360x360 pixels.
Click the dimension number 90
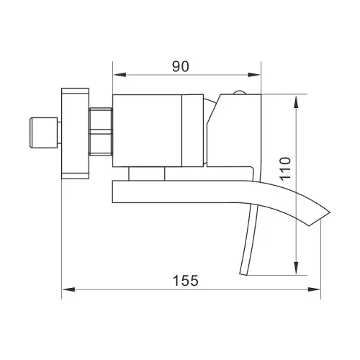click(x=181, y=66)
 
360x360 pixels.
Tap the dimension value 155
click(x=186, y=280)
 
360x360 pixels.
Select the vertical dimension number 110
click(x=285, y=169)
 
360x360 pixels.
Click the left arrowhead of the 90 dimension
click(x=120, y=75)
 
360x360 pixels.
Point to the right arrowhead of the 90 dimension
click(x=254, y=75)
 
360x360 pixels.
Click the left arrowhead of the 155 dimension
click(x=68, y=289)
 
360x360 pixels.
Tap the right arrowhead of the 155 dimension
click(x=314, y=289)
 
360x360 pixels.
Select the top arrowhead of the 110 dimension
click(x=297, y=102)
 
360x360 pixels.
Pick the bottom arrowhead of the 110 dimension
click(x=297, y=268)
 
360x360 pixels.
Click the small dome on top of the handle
click(x=239, y=92)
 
